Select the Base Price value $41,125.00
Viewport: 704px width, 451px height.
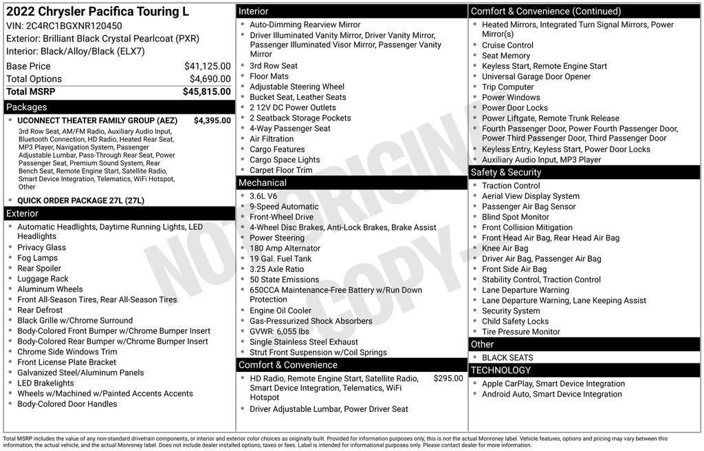(207, 66)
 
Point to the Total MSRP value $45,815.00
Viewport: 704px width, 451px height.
(206, 92)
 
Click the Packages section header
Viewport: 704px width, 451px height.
(27, 107)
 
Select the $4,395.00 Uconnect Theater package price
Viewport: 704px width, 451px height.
(212, 120)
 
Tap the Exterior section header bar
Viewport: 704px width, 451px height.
(23, 213)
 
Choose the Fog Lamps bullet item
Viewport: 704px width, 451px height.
(38, 258)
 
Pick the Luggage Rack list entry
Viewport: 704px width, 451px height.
(43, 279)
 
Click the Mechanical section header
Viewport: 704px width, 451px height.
(262, 183)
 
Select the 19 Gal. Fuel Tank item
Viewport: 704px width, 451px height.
(280, 259)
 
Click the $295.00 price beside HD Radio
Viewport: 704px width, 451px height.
(448, 379)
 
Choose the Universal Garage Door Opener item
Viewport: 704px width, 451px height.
(536, 76)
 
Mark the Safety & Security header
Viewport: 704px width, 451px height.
(505, 172)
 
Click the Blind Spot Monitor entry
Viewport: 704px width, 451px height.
(515, 217)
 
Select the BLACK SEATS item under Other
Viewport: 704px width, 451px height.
(507, 358)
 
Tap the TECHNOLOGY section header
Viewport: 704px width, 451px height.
(500, 370)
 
